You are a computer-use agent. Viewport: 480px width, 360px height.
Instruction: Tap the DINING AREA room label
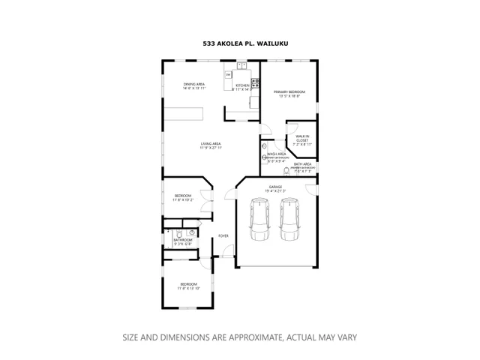click(194, 84)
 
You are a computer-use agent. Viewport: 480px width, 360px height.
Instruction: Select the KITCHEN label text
click(242, 85)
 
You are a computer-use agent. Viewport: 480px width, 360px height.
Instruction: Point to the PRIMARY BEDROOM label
click(289, 91)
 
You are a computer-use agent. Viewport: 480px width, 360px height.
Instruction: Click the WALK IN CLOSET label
click(302, 138)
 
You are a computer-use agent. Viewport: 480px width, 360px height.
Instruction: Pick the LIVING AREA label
click(210, 143)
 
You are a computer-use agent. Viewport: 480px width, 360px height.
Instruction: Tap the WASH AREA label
click(277, 154)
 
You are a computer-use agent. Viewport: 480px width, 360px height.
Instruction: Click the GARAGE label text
click(276, 187)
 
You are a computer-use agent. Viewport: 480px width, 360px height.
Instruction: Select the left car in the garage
click(260, 219)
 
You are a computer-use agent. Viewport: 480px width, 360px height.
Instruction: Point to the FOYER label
click(223, 236)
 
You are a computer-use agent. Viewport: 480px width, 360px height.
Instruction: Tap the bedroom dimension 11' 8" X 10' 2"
click(183, 200)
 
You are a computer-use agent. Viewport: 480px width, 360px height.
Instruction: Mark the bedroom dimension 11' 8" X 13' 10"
click(187, 289)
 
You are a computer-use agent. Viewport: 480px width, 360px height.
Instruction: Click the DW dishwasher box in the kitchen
click(228, 74)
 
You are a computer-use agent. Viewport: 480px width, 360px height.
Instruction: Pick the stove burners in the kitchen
click(255, 82)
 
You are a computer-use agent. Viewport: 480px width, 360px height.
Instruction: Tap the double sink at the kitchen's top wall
click(242, 66)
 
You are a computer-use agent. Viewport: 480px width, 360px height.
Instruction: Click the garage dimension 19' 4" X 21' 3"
click(276, 191)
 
